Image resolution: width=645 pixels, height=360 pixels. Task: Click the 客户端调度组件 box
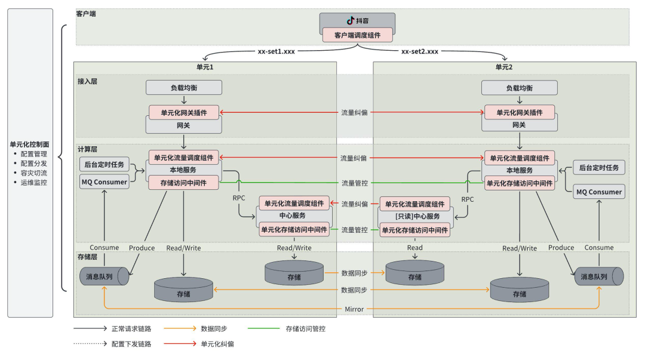tap(358, 35)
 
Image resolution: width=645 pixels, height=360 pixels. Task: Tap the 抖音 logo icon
tap(351, 20)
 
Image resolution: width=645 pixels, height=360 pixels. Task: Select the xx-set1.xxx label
tap(276, 51)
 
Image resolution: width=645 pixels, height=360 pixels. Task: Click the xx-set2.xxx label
tap(419, 51)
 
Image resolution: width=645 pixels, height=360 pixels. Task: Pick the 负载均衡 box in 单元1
tap(184, 88)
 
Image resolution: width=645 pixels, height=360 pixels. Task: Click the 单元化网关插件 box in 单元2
tap(519, 112)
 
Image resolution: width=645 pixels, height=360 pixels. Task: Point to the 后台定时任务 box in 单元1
tap(105, 165)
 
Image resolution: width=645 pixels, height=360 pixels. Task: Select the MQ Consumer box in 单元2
tap(599, 192)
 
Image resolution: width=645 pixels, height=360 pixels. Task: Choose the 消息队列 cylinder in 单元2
tap(599, 276)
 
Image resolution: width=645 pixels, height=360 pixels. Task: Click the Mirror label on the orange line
tap(355, 309)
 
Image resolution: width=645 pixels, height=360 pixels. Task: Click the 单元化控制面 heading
tap(29, 144)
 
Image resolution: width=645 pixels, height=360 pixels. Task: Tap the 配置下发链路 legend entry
tap(131, 344)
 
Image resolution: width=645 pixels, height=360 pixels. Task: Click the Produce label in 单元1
tap(142, 248)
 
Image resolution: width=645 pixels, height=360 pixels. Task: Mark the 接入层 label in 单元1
tap(87, 80)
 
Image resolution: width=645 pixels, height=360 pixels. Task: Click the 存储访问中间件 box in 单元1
tap(184, 183)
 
